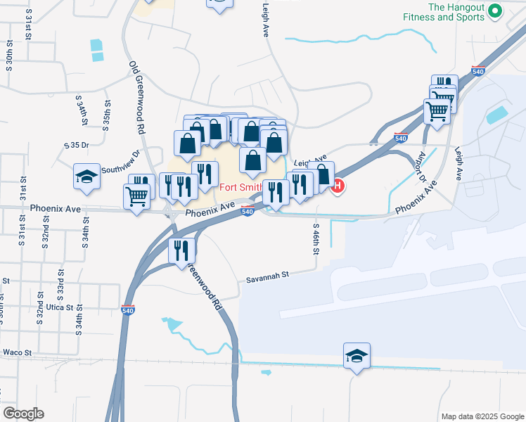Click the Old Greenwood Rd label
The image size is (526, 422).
coord(136,97)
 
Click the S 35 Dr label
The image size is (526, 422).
coord(77,146)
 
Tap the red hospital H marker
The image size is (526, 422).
coord(338,186)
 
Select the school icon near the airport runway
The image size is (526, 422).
coord(357,356)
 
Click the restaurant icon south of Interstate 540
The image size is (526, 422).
coord(181,250)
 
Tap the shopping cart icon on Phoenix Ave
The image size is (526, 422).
coord(136,197)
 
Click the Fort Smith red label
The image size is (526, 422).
coord(241,187)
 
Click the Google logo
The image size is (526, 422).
coord(23,414)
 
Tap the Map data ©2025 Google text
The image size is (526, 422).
coord(482,416)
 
